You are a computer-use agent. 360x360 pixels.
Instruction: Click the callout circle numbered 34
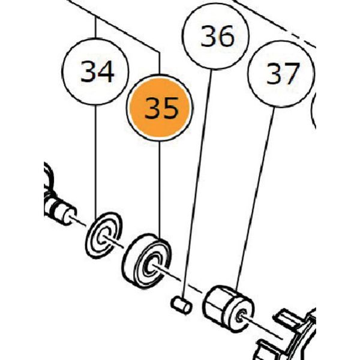[95, 71]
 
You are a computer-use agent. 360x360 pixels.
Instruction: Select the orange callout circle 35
[160, 107]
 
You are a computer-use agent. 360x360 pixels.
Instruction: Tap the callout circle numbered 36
[215, 36]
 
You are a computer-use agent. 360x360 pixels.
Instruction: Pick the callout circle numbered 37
[281, 74]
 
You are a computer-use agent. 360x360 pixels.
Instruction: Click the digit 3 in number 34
[88, 71]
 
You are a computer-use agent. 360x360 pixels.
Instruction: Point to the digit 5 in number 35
[170, 108]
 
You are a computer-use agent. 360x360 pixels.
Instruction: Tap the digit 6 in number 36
[226, 36]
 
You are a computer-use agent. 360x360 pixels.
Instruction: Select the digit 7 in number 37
[292, 74]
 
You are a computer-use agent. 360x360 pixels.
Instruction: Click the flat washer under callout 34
[104, 235]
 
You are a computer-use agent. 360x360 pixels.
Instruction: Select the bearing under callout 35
[146, 261]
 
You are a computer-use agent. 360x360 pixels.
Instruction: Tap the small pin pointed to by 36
[181, 305]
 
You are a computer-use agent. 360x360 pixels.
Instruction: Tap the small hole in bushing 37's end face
[240, 318]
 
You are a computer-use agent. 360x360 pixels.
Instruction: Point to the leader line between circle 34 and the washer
[95, 159]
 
